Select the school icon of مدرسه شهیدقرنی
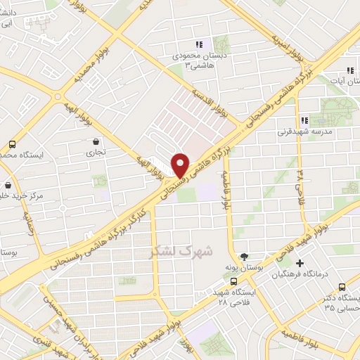[x=304, y=120]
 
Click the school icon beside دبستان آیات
[x=349, y=70]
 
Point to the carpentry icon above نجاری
[x=95, y=141]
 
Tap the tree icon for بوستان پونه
[x=243, y=257]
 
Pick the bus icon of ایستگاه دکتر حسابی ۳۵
[x=342, y=287]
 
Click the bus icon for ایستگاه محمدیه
[x=12, y=143]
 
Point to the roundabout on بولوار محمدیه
[x=58, y=96]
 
